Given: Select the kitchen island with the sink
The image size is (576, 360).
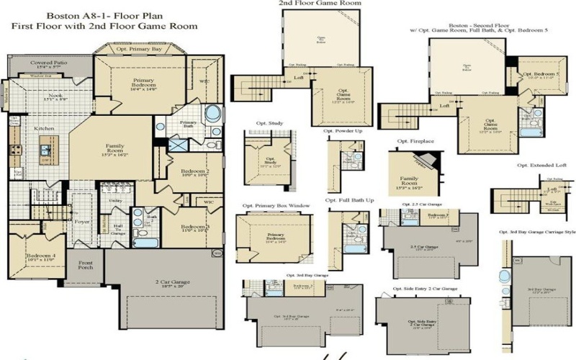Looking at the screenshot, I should [44, 152].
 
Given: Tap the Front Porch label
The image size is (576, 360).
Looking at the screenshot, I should [86, 265].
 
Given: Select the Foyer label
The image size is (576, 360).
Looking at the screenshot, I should [82, 222].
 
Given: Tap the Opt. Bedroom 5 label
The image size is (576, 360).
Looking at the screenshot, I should [541, 75].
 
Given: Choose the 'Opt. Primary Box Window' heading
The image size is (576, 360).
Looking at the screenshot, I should [276, 206].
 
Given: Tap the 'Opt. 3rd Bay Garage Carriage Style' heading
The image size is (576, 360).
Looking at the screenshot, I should [536, 232].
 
